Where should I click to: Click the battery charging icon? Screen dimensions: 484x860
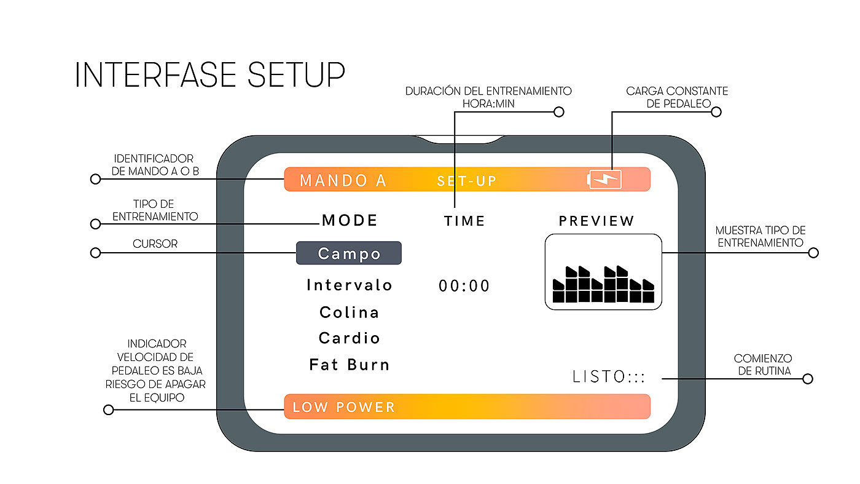605,179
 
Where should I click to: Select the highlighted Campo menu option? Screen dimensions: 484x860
349,253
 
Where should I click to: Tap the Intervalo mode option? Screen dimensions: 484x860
350,285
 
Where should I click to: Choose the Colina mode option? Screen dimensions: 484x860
350,312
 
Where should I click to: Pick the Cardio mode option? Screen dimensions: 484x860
350,338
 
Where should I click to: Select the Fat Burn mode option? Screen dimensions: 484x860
350,365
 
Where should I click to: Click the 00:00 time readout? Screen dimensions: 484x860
464,286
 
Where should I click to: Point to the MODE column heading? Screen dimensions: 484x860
350,221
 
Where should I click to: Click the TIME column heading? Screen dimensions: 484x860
465,221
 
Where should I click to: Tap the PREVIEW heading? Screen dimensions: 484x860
596,221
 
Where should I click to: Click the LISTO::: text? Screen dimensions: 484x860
609,377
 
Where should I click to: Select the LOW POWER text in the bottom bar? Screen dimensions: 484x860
344,407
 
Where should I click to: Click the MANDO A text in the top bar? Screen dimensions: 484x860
343,181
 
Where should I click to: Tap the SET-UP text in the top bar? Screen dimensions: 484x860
466,181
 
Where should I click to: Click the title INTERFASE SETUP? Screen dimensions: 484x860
209,74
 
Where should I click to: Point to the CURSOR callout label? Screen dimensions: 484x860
155,244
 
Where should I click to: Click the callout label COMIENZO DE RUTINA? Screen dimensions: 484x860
763,364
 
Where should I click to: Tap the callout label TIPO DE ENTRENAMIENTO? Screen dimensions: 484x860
155,210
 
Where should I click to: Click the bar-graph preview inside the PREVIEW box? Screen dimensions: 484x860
603,284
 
